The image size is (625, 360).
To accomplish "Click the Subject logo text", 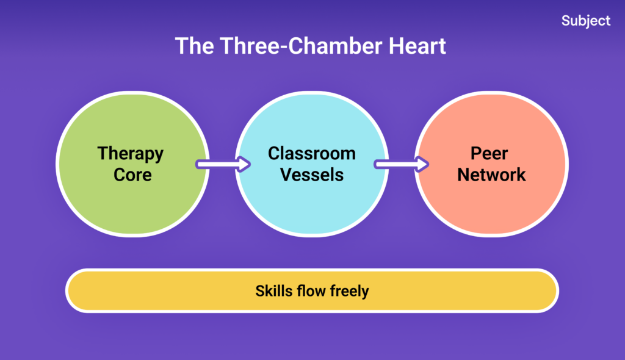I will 585,21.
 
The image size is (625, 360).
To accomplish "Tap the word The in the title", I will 195,46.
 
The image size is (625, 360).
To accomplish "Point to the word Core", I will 130,175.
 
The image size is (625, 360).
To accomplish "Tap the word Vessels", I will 311,175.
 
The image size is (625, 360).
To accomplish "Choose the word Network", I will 491,175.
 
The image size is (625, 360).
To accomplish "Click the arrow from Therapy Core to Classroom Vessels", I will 222,164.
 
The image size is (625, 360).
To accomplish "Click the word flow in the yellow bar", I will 311,291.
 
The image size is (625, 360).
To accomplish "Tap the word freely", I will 349,291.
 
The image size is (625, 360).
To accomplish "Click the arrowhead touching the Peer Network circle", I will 421,164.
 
